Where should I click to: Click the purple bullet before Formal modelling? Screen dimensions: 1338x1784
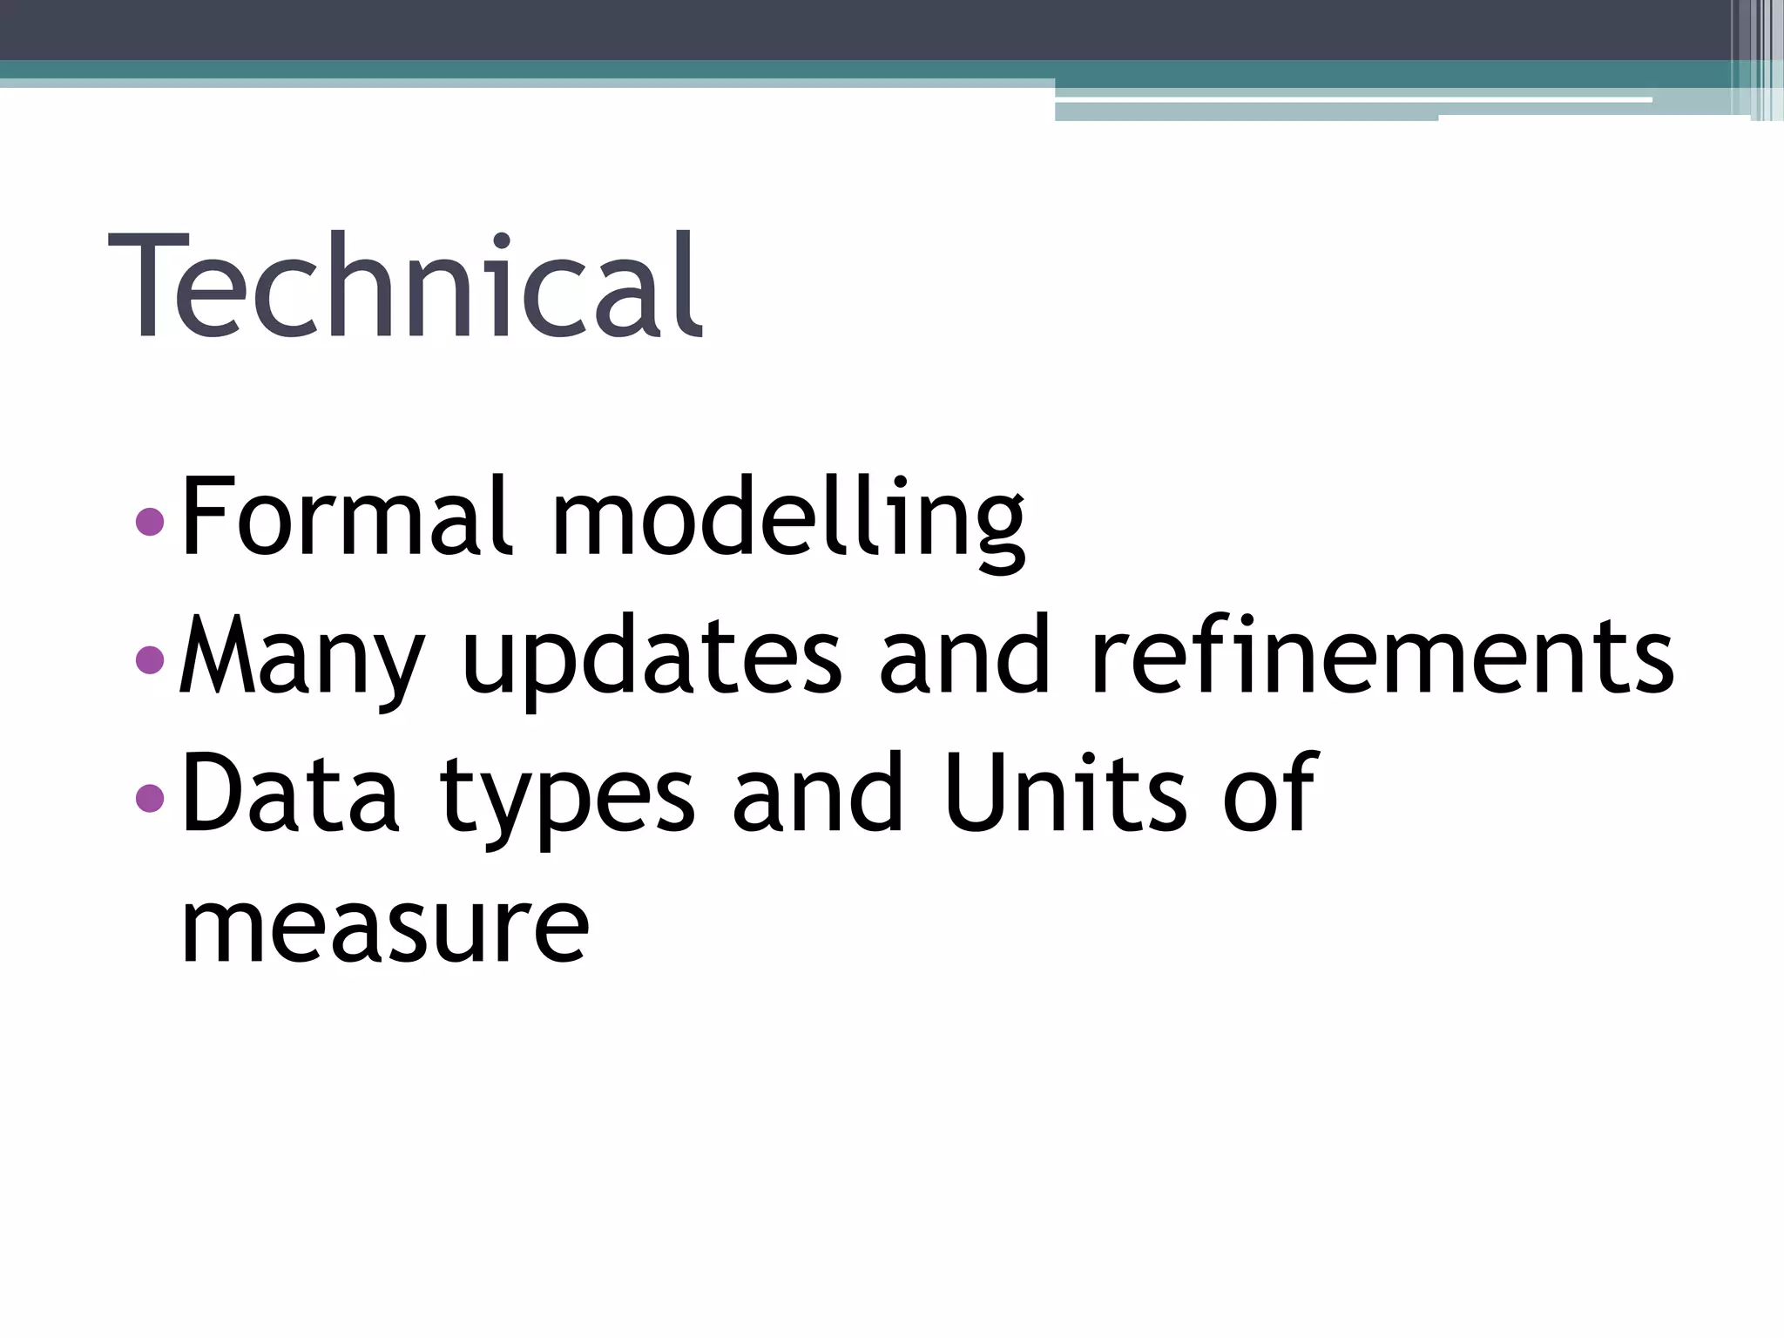point(151,522)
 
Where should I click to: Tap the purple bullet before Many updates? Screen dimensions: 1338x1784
point(151,659)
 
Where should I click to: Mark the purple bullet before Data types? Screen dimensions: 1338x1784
point(151,797)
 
